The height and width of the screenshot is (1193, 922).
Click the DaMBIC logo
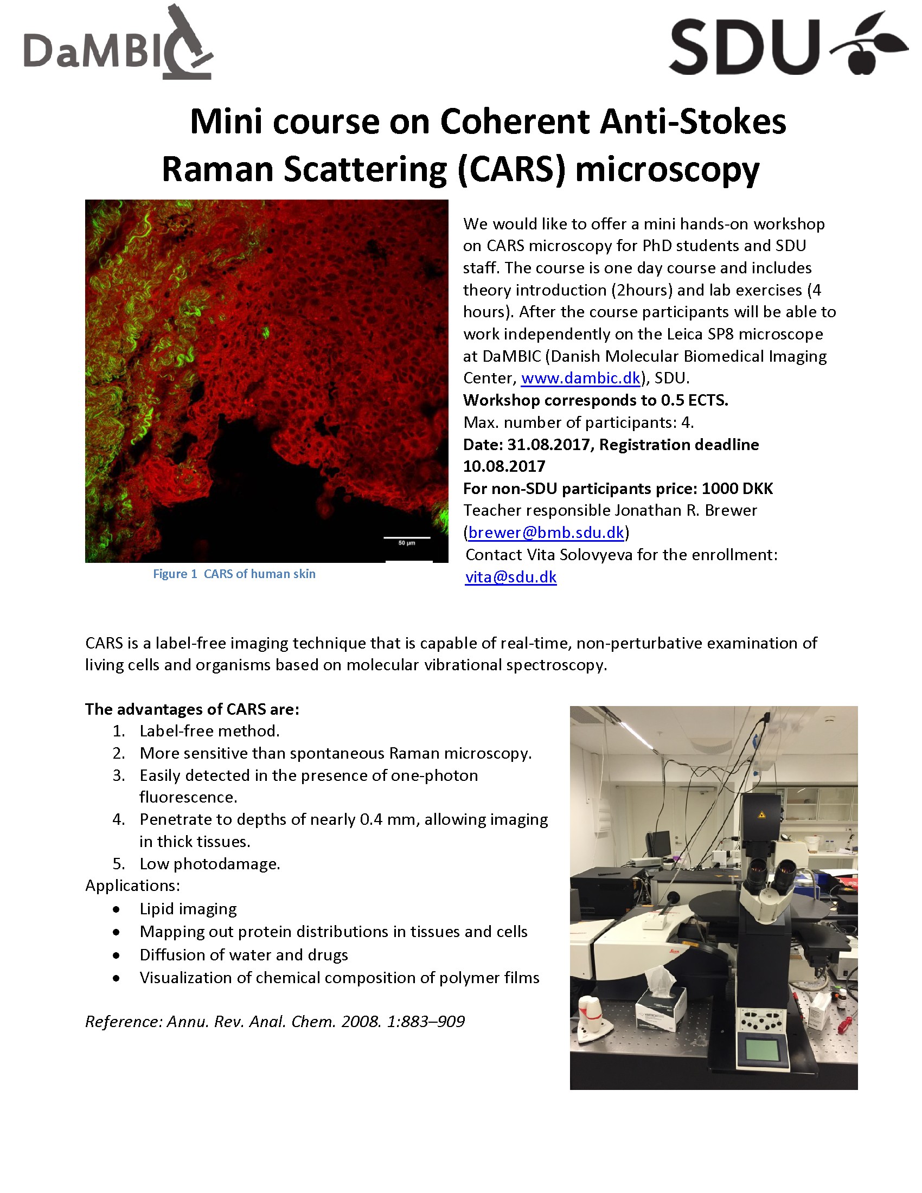coord(118,44)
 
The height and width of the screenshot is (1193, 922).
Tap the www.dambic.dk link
coord(580,378)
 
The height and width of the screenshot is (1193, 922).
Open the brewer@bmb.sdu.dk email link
coord(546,532)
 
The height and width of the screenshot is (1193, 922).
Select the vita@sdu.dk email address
coord(511,577)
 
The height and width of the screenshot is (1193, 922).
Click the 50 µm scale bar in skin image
coord(407,538)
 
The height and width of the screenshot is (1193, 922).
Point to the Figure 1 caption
coord(234,574)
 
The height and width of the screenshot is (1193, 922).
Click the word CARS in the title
coord(510,169)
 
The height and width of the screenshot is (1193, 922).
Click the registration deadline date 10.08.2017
coord(504,466)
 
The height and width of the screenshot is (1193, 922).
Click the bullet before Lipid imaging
coord(117,909)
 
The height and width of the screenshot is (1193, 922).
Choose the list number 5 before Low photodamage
coord(119,864)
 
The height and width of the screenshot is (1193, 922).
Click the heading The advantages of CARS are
coord(191,709)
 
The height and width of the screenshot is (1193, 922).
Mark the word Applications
coord(132,886)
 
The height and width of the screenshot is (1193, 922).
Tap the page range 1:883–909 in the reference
coord(426,1022)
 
